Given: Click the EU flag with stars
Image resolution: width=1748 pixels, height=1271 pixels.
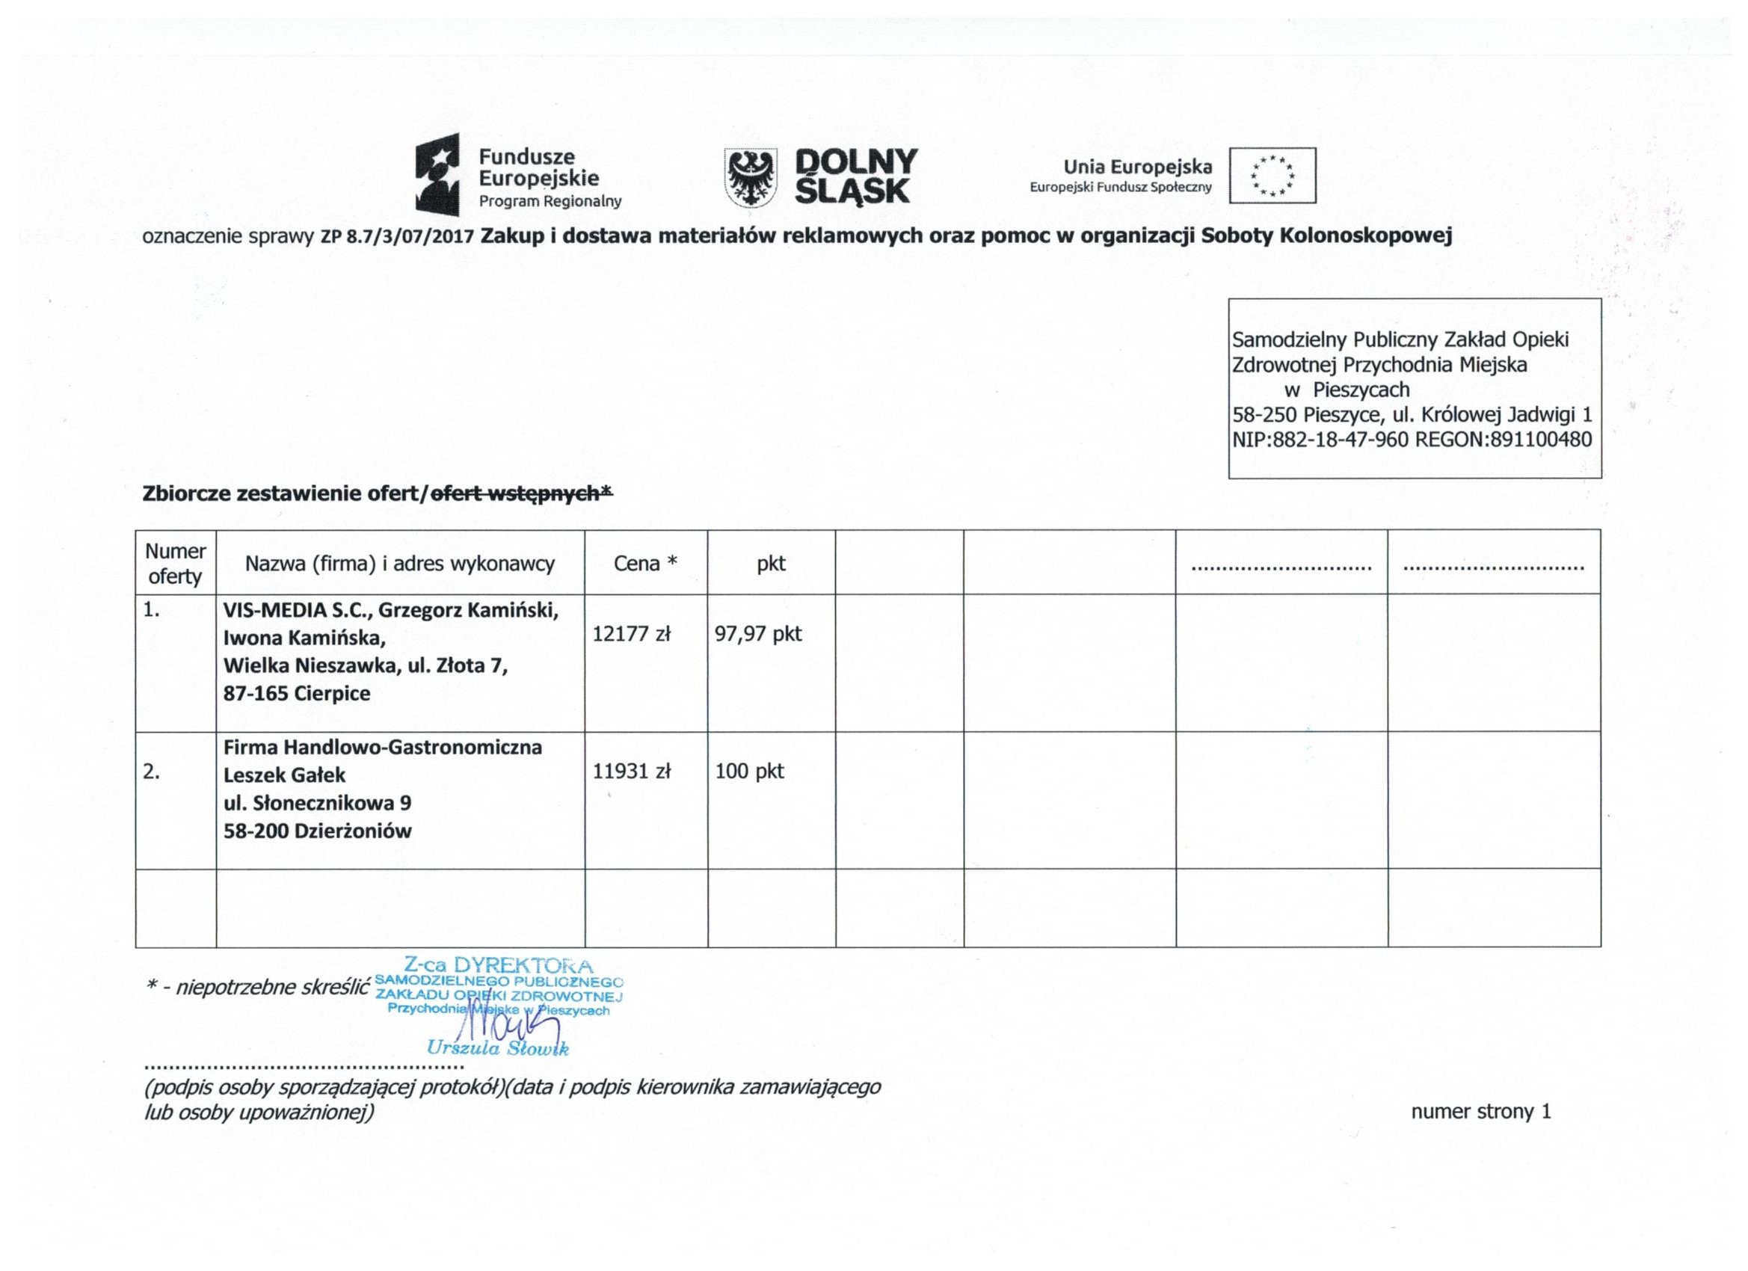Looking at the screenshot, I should pos(1272,175).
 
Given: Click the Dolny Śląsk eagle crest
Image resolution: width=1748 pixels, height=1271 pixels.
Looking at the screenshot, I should pos(750,178).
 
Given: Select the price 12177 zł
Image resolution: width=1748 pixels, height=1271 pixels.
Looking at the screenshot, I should pos(631,634).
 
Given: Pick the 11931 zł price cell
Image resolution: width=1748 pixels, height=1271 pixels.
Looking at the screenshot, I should pos(631,772).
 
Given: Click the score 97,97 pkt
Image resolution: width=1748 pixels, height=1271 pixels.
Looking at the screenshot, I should pos(758,634).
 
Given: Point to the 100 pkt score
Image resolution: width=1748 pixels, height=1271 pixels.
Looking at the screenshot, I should pos(749,772).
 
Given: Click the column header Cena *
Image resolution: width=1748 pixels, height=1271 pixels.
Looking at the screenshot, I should pos(645,564).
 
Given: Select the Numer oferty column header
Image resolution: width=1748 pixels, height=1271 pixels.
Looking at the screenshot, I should pos(175,564).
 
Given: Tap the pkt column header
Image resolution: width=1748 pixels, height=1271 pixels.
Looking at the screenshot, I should pos(771,564).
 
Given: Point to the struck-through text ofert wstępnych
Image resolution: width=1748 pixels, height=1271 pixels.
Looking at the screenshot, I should pos(521,493).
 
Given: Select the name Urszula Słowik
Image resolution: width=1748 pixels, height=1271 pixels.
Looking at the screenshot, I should pos(498,1048).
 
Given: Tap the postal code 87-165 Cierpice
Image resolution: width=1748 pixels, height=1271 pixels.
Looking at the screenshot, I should pos(297,693).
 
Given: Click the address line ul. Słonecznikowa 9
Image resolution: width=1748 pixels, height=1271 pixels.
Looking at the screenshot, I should pos(317,803).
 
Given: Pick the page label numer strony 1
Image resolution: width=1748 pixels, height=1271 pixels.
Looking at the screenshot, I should pos(1480,1112).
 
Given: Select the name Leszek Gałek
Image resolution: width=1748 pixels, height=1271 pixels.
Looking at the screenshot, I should pos(284,775).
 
